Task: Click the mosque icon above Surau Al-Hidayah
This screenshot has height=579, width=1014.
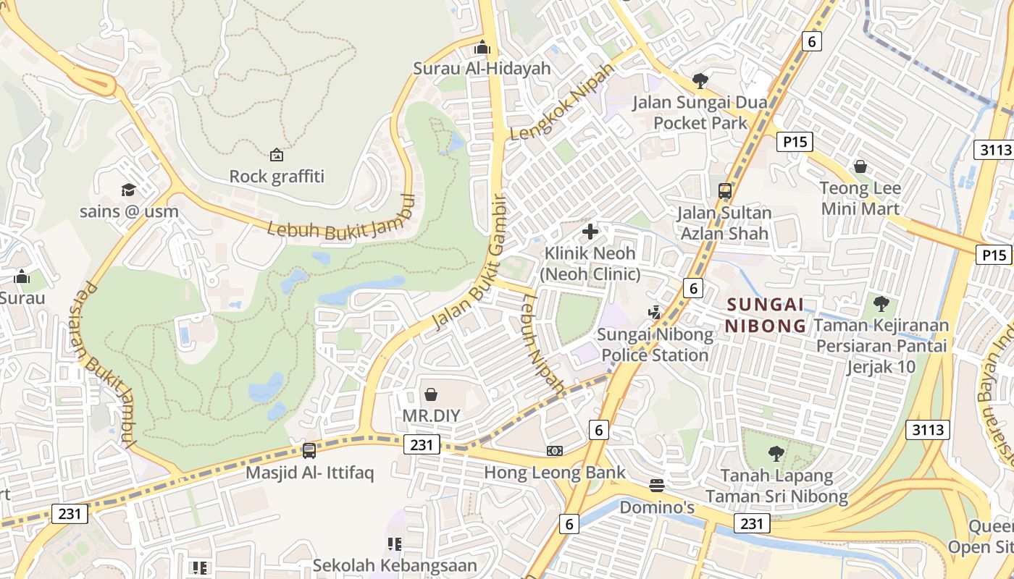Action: [x=482, y=48]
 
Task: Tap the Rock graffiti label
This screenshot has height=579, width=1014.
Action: [x=277, y=176]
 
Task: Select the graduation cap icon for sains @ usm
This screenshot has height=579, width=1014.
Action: [x=128, y=190]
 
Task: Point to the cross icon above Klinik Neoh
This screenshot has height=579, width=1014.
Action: [x=590, y=232]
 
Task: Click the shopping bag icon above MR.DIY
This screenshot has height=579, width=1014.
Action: [x=431, y=394]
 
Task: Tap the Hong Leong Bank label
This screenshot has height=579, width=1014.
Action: [x=554, y=473]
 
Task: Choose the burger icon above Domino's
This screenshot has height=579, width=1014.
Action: [x=657, y=485]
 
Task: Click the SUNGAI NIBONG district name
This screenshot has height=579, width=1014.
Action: [x=766, y=315]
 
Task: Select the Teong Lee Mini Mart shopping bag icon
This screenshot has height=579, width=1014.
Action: [x=860, y=167]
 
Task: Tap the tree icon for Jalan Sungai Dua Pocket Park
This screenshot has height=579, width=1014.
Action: [x=700, y=80]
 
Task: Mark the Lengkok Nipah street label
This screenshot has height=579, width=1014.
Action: [x=561, y=102]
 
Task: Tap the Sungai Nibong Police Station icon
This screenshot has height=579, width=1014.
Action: [x=655, y=313]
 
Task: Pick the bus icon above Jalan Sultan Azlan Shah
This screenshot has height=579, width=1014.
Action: [x=724, y=191]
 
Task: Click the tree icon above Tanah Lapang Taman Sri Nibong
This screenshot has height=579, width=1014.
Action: [x=776, y=454]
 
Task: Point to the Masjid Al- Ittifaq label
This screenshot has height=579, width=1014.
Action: [x=309, y=473]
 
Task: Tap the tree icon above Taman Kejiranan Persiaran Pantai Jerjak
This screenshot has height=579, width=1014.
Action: [x=881, y=304]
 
